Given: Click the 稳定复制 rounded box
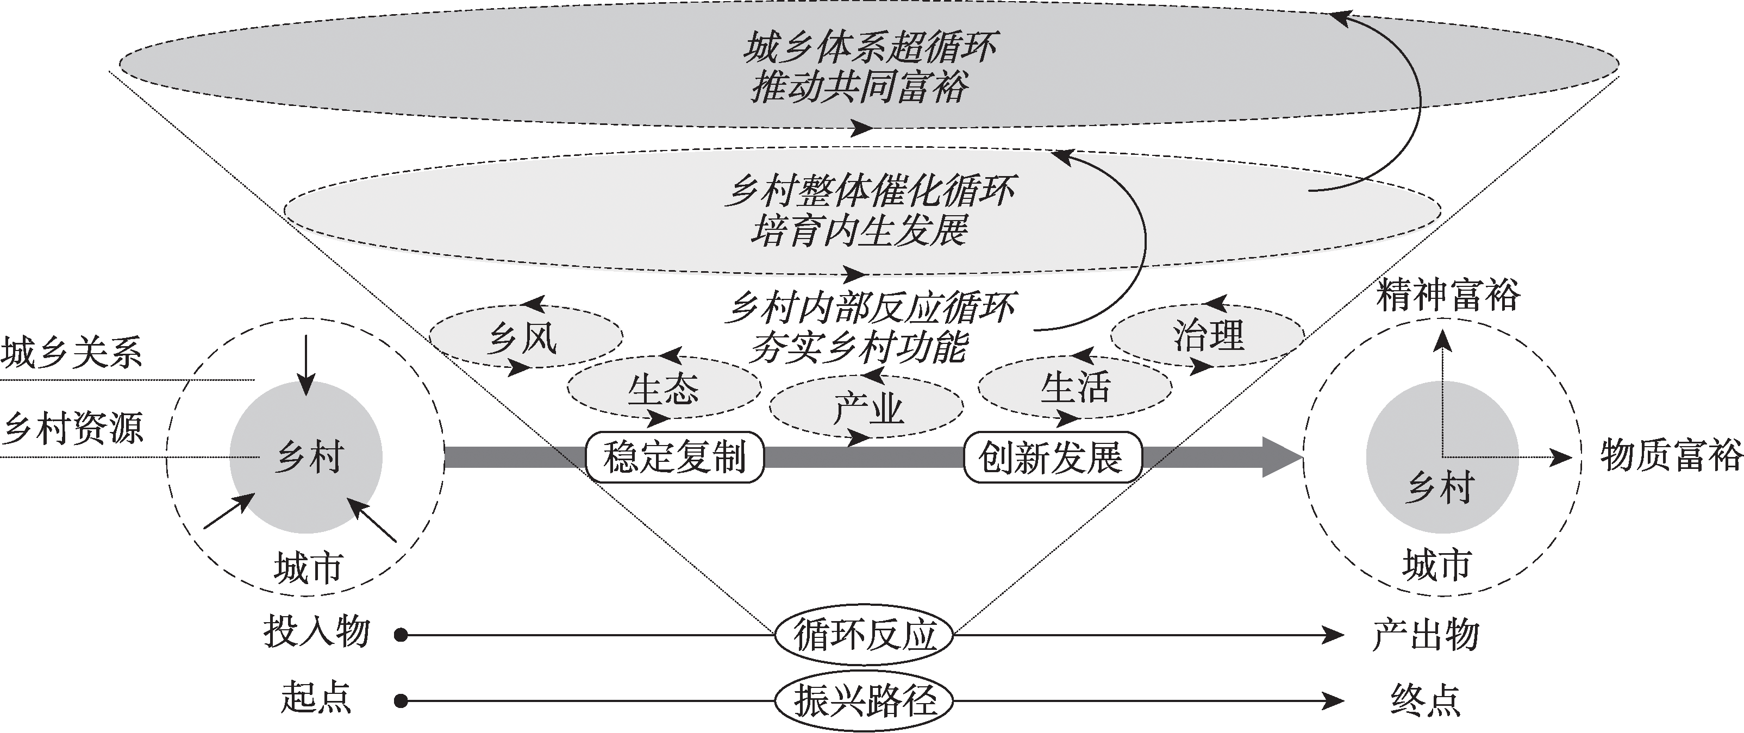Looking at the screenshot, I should [x=674, y=458].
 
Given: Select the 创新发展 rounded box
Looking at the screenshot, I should [x=1052, y=458].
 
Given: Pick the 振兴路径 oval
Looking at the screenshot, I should [x=864, y=700].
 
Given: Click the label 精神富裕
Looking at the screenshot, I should [x=1447, y=296].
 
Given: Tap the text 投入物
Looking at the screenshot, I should [x=317, y=633].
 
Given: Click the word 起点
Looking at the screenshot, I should [x=317, y=698].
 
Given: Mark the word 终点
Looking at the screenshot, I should [x=1425, y=700].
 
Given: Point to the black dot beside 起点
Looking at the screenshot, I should [x=402, y=700].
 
